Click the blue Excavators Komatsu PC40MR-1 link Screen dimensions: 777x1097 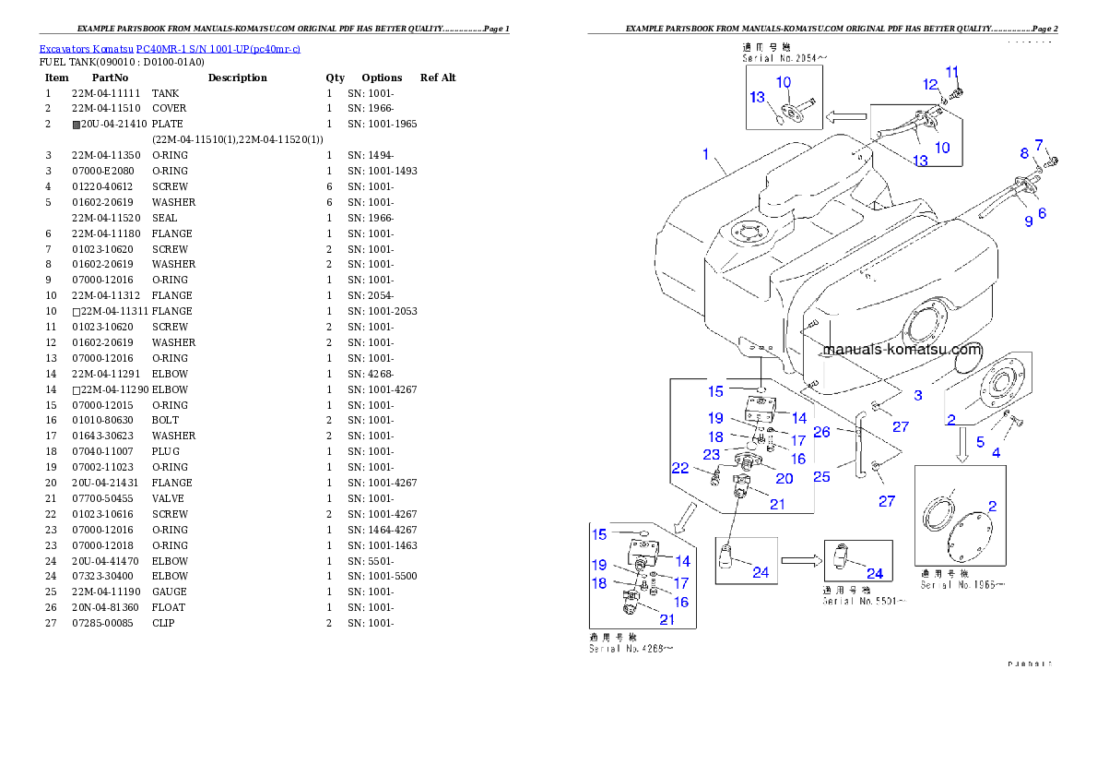[170, 48]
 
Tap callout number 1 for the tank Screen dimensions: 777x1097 [706, 155]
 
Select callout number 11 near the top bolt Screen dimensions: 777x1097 [952, 71]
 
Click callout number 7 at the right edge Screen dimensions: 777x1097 [1040, 145]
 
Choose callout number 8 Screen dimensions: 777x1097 [1023, 153]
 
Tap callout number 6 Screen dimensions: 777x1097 [1042, 212]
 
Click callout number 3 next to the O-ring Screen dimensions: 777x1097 [918, 395]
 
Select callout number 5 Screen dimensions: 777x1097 [981, 442]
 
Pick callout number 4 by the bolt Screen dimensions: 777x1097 [996, 453]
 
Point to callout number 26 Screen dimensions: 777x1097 [821, 431]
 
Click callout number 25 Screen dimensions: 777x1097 [821, 476]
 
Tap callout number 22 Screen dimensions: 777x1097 [680, 469]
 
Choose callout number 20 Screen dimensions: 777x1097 [784, 478]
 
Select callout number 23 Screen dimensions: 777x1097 [711, 454]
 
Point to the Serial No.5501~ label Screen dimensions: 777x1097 [865, 601]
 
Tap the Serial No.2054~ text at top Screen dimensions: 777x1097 [785, 57]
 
